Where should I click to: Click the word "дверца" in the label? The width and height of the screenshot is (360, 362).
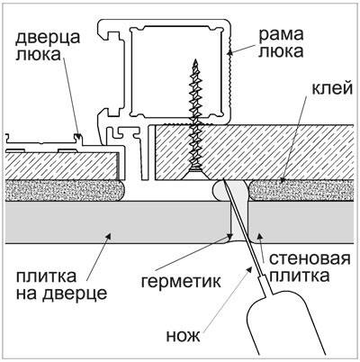tap(48, 38)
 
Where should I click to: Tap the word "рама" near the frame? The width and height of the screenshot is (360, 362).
tap(281, 35)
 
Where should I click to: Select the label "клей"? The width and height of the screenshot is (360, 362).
tap(332, 89)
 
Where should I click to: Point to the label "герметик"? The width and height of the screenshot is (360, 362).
tap(181, 281)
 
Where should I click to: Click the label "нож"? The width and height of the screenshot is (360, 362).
tap(184, 336)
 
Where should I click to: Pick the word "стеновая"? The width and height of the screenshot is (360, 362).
tap(310, 258)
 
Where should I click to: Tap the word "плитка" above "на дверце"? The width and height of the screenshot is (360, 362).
tap(46, 276)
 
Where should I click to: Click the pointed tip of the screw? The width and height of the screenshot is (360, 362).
tap(196, 60)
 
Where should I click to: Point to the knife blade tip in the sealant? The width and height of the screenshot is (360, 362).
tap(223, 181)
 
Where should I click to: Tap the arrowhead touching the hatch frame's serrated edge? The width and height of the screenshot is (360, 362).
tap(229, 52)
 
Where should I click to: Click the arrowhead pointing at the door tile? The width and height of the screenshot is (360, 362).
tap(109, 237)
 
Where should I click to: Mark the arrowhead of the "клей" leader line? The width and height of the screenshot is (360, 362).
tap(282, 180)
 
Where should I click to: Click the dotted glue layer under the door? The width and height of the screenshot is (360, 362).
tap(65, 191)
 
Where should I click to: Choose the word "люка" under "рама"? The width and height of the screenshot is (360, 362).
tap(281, 51)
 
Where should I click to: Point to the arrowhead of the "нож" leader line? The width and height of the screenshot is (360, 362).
tap(249, 269)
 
